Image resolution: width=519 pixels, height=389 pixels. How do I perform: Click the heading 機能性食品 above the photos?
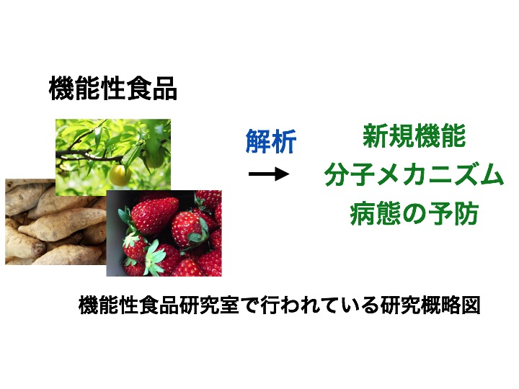(113, 88)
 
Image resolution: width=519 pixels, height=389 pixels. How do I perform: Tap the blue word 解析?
(271, 141)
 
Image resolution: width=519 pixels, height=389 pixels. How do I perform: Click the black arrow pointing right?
(269, 174)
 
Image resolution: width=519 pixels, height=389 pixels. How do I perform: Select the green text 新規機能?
(414, 135)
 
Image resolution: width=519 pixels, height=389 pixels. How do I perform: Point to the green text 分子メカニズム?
(414, 174)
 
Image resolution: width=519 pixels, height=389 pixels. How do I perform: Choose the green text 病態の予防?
(414, 213)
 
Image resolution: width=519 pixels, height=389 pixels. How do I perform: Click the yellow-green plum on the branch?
(120, 175)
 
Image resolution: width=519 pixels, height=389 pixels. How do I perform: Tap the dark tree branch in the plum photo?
(89, 156)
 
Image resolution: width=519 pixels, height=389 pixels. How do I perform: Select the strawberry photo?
(164, 233)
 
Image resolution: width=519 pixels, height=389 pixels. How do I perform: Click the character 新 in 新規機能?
(376, 135)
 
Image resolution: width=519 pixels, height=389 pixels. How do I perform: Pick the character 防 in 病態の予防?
(466, 213)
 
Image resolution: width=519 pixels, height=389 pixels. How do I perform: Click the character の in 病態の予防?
(414, 214)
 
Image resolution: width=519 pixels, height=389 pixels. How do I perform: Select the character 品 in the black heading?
(164, 88)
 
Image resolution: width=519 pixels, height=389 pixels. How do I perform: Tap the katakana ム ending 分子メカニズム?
(491, 174)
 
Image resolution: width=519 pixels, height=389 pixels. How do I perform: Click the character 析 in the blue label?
(284, 141)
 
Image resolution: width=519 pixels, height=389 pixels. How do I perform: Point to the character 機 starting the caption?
(89, 305)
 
